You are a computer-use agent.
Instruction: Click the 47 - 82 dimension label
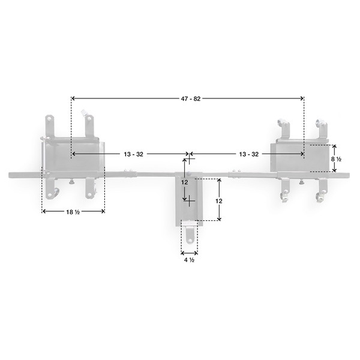[188, 98]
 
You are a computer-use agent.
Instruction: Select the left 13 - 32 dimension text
[133, 154]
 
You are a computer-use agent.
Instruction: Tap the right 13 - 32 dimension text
[248, 154]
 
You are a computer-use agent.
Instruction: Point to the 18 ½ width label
[73, 211]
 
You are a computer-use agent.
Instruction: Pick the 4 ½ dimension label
[189, 260]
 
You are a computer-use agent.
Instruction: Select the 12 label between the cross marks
[185, 181]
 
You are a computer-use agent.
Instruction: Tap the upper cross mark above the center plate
[189, 160]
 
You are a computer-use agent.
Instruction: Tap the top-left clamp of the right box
[283, 128]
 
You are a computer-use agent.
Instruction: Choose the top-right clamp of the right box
[322, 127]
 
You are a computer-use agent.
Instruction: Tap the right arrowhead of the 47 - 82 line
[301, 98]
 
